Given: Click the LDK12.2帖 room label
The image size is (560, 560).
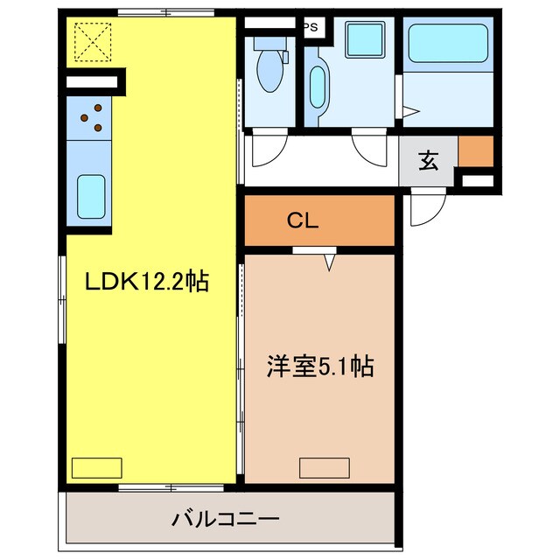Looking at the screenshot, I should (146, 282).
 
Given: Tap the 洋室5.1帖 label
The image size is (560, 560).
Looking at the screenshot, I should (320, 367).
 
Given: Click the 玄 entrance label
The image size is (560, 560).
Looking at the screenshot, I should (428, 161).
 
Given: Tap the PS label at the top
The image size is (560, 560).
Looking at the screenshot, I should (311, 27).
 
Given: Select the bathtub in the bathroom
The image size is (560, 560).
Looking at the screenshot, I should (447, 41).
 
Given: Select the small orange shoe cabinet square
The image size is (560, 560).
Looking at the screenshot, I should (475, 150).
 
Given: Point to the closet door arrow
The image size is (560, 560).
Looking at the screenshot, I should (330, 261).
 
